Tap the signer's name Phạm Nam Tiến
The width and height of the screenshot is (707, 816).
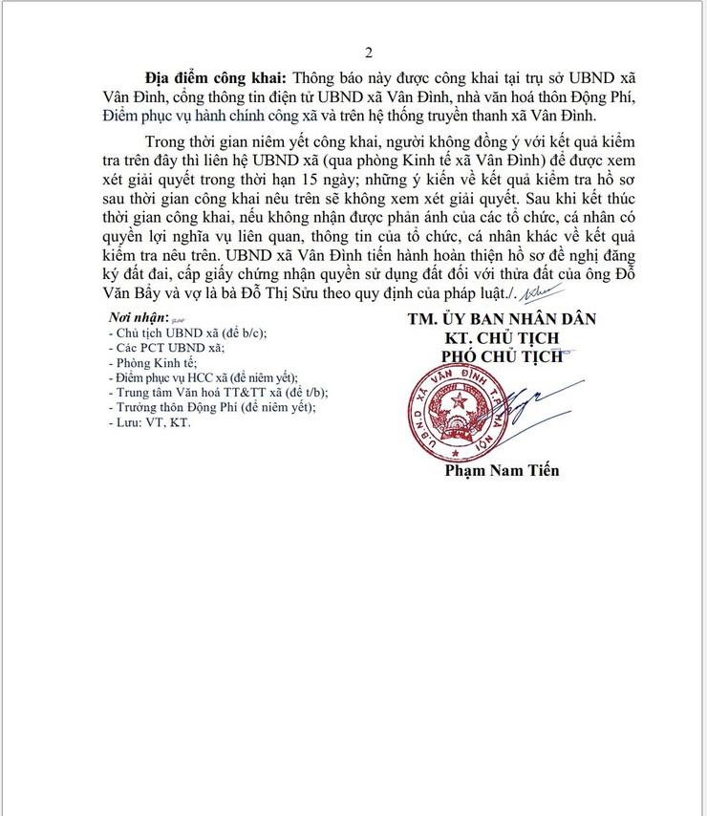click(x=502, y=470)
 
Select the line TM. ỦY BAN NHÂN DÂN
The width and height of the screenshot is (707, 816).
click(x=501, y=319)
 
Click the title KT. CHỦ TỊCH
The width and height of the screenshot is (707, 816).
click(x=502, y=338)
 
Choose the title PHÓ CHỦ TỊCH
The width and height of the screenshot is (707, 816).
click(x=502, y=357)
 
